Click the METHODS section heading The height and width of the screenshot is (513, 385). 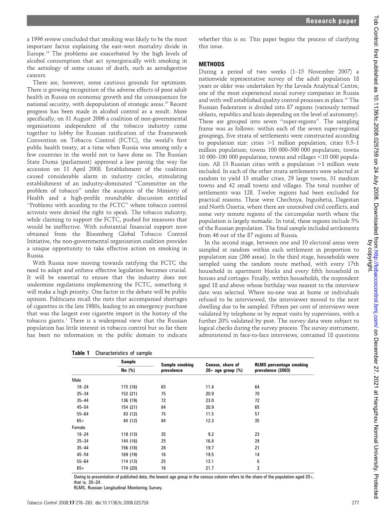[x=211, y=64]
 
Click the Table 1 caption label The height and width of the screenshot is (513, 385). [x=80, y=353]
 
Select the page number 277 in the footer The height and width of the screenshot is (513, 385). [x=355, y=503]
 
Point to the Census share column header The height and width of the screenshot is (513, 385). [x=224, y=367]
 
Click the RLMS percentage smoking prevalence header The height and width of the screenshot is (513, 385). [x=281, y=367]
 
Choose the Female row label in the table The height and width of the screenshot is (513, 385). [x=79, y=427]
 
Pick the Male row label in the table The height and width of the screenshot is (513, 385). [x=77, y=380]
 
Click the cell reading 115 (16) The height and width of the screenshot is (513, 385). [x=129, y=387]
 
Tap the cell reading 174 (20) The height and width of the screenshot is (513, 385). [x=129, y=468]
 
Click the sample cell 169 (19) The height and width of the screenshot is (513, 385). [x=129, y=454]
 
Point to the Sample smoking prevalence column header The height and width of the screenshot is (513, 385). [x=177, y=367]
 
